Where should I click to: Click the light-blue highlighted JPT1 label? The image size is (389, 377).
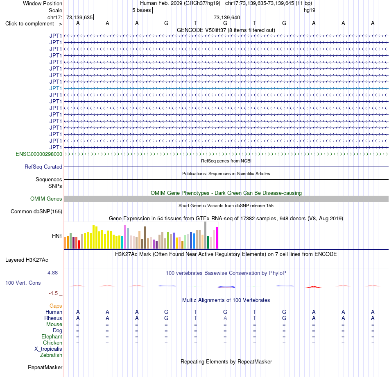[x=56, y=88]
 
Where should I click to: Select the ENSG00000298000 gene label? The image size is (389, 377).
[x=39, y=154]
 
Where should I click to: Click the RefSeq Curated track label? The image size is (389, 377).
[x=43, y=167]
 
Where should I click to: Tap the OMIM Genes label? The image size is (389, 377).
[x=46, y=199]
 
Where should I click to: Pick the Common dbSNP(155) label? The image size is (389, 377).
[x=36, y=212]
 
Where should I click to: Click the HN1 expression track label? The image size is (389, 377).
[x=57, y=236]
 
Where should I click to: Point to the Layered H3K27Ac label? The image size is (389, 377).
[x=27, y=260]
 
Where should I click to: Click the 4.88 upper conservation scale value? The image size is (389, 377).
[x=52, y=273]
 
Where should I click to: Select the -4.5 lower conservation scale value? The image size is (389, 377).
[x=53, y=293]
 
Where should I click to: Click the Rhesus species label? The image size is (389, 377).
[x=53, y=318]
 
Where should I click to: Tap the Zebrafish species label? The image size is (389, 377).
[x=51, y=355]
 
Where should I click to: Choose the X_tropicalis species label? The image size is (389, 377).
[x=48, y=349]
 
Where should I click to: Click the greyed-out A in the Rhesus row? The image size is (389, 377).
[x=225, y=318]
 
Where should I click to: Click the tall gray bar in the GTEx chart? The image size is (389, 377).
[x=206, y=235]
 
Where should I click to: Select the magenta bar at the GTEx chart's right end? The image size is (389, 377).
[x=217, y=238]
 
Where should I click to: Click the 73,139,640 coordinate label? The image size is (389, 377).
[x=227, y=17]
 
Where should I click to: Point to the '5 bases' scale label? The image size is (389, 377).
[x=141, y=10]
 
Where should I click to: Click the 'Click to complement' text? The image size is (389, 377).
[x=30, y=24]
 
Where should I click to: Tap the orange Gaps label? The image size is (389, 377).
[x=56, y=306]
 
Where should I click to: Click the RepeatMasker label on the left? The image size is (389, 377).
[x=45, y=367]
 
